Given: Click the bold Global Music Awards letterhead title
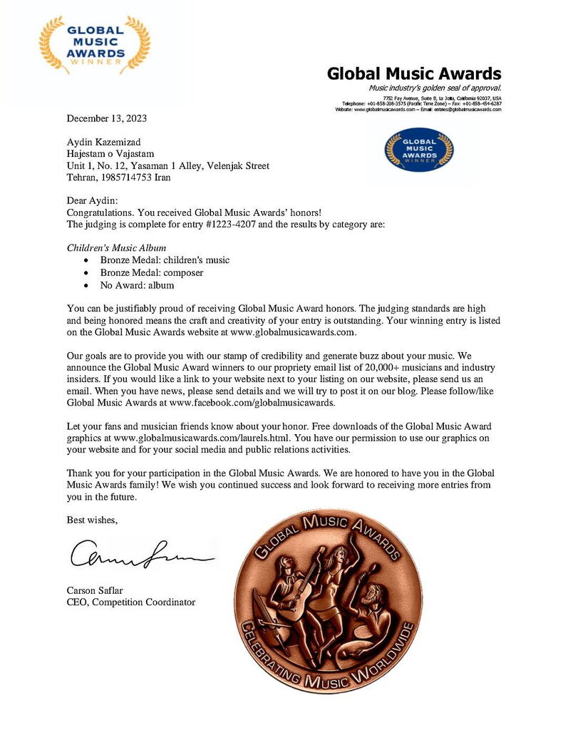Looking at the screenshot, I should [413, 73].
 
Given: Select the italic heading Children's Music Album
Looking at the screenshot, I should [116, 247].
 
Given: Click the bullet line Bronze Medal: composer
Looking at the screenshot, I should [152, 272].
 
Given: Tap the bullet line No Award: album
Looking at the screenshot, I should [137, 285].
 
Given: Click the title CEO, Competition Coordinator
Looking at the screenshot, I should [130, 602].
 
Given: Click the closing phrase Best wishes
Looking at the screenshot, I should [92, 520].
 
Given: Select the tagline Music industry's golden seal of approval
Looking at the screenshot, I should [435, 88].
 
